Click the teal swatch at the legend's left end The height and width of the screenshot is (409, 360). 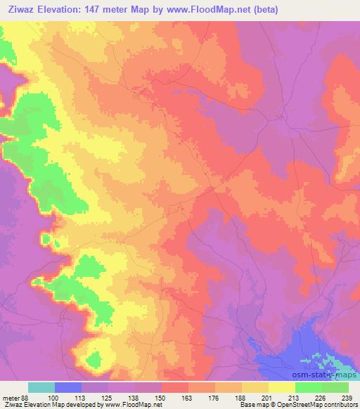[x=41, y=387]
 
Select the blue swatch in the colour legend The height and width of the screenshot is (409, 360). [x=68, y=387]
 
